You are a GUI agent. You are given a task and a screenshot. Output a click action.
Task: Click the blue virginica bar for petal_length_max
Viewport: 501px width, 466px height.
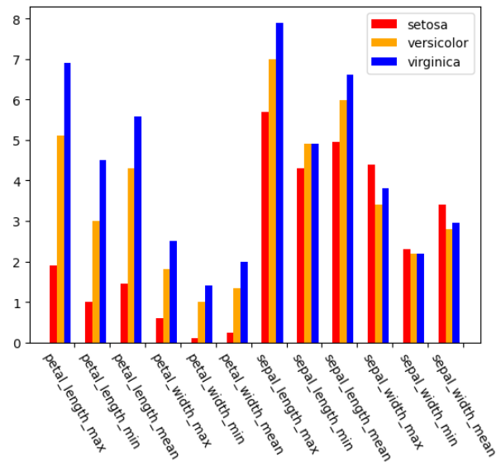pyautogui.click(x=67, y=202)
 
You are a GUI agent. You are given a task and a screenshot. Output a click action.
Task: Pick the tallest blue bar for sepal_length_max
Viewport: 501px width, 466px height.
pyautogui.click(x=279, y=183)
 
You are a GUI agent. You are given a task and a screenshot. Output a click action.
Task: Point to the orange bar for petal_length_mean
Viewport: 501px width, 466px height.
pyautogui.click(x=131, y=255)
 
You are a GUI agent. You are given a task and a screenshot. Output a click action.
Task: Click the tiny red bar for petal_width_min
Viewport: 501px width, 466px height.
pyautogui.click(x=193, y=340)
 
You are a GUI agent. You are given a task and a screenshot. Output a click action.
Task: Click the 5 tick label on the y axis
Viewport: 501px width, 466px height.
pyautogui.click(x=17, y=140)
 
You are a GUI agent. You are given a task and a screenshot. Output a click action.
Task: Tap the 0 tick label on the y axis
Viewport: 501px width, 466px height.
pyautogui.click(x=17, y=343)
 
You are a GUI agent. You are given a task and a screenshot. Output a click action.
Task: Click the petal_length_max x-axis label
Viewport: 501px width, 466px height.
pyautogui.click(x=74, y=402)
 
